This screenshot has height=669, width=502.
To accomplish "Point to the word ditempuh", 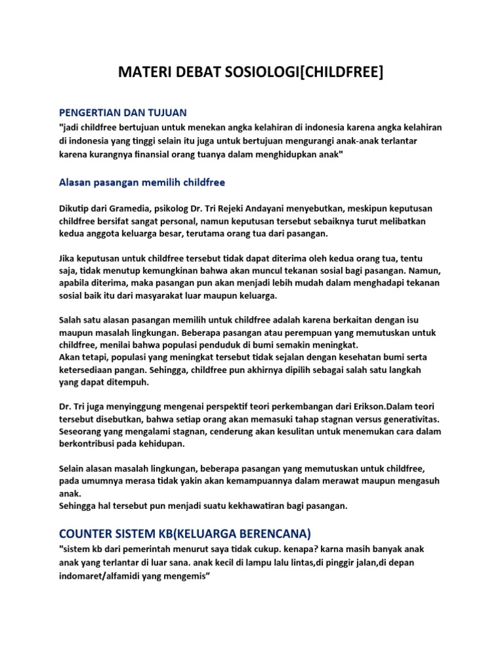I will click(127, 382).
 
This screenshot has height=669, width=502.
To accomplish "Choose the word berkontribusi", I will click(88, 444).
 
